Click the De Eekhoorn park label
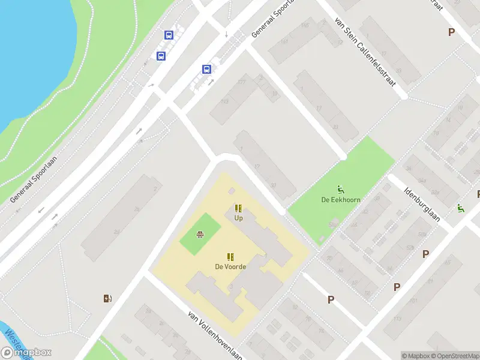(x=340, y=200)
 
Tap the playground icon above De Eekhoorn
(x=340, y=188)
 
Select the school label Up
(x=238, y=218)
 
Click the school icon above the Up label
(x=238, y=208)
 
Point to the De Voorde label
(x=230, y=266)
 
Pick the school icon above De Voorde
(x=230, y=257)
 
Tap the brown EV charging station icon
(x=107, y=298)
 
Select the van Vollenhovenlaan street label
(x=214, y=334)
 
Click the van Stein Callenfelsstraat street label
(x=366, y=53)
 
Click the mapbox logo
(x=26, y=353)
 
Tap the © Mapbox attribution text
(x=415, y=356)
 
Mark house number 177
(x=242, y=82)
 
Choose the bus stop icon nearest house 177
(x=206, y=69)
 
